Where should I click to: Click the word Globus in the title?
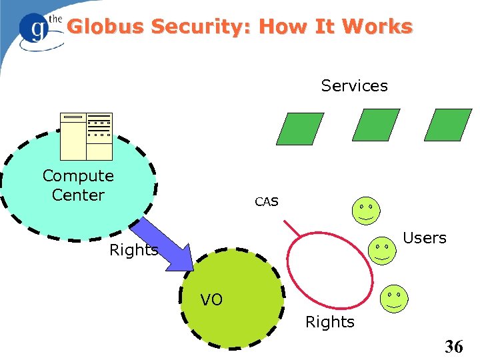pos(106,27)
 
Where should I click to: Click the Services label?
pos(354,86)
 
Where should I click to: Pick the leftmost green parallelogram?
pos(300,129)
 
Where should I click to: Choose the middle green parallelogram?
pos(375,125)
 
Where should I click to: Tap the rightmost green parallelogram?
pos(447,125)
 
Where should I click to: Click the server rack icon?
pos(86,136)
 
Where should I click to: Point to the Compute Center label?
pos(78,185)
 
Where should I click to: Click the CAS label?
pos(267,201)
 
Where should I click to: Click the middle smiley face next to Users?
pos(383,251)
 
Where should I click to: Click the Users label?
pos(425,238)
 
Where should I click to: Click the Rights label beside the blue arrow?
pos(133,250)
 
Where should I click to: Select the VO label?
pos(211,300)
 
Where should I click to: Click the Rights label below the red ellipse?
pos(329,322)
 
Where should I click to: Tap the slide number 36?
pos(453,346)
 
